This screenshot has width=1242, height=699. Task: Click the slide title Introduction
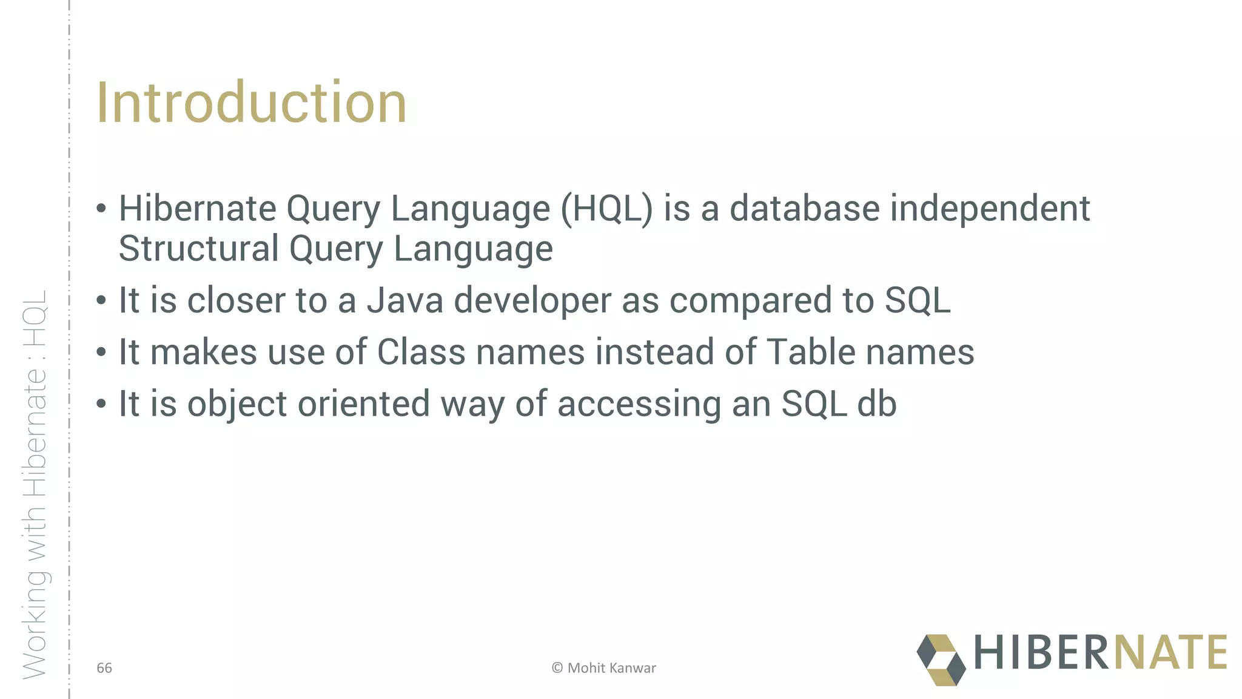point(251,103)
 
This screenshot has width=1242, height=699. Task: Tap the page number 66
point(104,668)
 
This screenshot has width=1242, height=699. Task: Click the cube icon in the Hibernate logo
point(941,660)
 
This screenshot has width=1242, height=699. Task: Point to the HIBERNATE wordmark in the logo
point(1100,653)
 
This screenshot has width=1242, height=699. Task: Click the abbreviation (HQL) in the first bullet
point(606,209)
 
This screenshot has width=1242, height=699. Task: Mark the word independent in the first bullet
point(990,209)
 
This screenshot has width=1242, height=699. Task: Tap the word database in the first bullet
point(804,209)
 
